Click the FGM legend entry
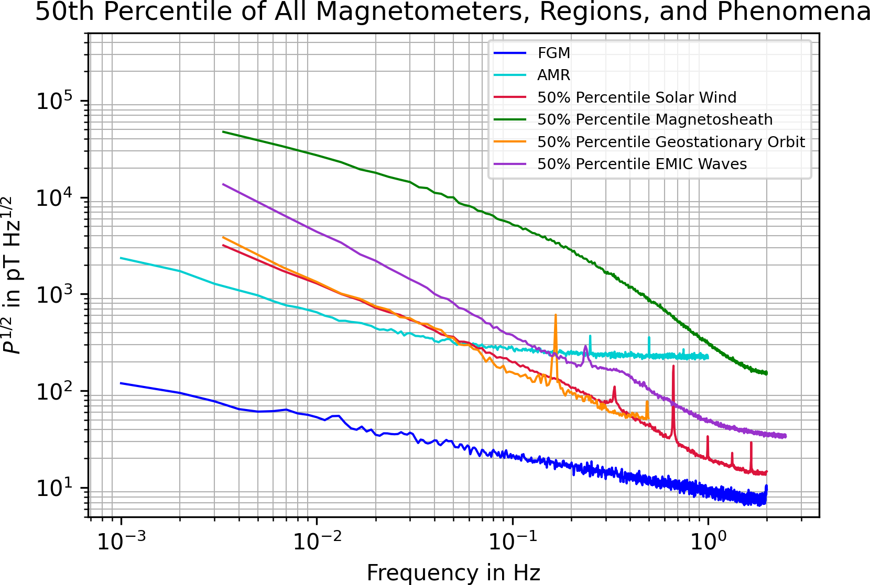pyautogui.click(x=553, y=53)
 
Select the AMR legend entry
pyautogui.click(x=553, y=75)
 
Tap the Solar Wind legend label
pyautogui.click(x=636, y=97)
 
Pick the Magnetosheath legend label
pyautogui.click(x=655, y=119)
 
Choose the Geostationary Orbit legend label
pyautogui.click(x=671, y=142)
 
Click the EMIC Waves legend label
pyautogui.click(x=641, y=164)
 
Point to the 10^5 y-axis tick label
pyautogui.click(x=53, y=101)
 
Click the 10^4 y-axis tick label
pyautogui.click(x=53, y=198)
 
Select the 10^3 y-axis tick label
pyautogui.click(x=53, y=295)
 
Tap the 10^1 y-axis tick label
pyautogui.click(x=53, y=488)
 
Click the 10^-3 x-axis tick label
pyautogui.click(x=122, y=542)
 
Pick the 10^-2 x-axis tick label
pyautogui.click(x=317, y=542)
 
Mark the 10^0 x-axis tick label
pyautogui.click(x=709, y=542)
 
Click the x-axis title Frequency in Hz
pyautogui.click(x=453, y=573)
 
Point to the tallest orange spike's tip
pyautogui.click(x=556, y=315)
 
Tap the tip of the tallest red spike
pyautogui.click(x=673, y=366)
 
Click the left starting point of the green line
pyautogui.click(x=223, y=131)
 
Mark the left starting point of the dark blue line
pyautogui.click(x=122, y=383)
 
